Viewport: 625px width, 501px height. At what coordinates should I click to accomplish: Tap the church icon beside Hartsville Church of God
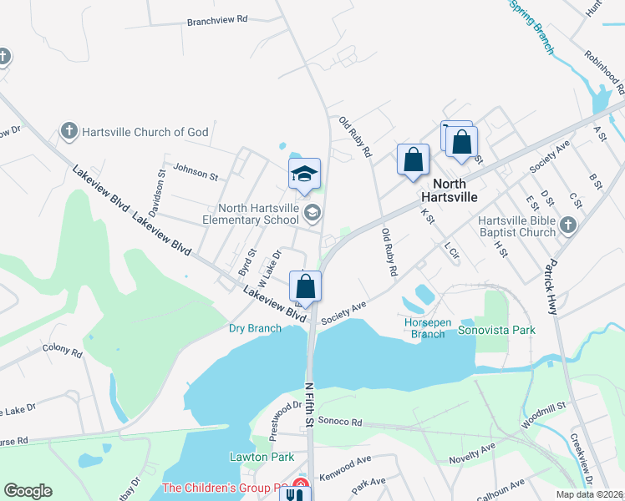point(69,132)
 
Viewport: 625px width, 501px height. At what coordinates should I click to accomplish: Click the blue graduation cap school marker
point(304,174)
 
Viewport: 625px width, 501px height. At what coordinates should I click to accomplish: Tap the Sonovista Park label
point(496,330)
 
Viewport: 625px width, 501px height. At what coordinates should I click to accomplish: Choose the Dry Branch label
point(255,328)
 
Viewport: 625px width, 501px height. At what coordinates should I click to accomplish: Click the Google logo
point(28,491)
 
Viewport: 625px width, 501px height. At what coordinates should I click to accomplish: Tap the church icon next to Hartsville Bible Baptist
point(568,225)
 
